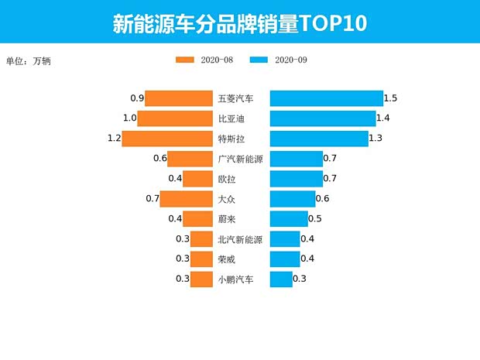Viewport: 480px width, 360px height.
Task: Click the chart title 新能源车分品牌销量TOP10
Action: coord(239,22)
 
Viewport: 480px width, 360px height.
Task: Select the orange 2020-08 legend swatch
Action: coord(185,60)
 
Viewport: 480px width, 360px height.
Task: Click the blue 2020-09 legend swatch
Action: coord(260,60)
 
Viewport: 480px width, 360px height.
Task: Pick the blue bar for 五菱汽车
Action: coord(326,98)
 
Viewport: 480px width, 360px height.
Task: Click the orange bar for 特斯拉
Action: coord(167,139)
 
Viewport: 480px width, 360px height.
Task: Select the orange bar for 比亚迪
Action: coord(175,118)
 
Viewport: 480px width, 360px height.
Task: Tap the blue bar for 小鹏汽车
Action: coord(281,279)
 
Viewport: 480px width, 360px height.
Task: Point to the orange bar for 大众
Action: coord(186,199)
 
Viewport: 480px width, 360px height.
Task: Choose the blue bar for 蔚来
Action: coord(289,219)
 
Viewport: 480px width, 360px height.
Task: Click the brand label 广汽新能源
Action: coord(241,159)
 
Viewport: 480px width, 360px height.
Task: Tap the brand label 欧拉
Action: coord(229,179)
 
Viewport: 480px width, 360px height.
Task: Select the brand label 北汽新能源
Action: coord(241,239)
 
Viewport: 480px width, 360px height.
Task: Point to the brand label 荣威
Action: coord(229,259)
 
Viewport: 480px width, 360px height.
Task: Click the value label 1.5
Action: coord(391,98)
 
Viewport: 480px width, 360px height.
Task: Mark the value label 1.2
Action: coord(115,139)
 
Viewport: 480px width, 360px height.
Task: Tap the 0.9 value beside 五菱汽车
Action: coord(137,98)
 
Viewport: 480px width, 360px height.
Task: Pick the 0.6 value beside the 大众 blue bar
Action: coord(322,199)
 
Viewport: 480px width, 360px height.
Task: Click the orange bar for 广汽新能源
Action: coord(190,159)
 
